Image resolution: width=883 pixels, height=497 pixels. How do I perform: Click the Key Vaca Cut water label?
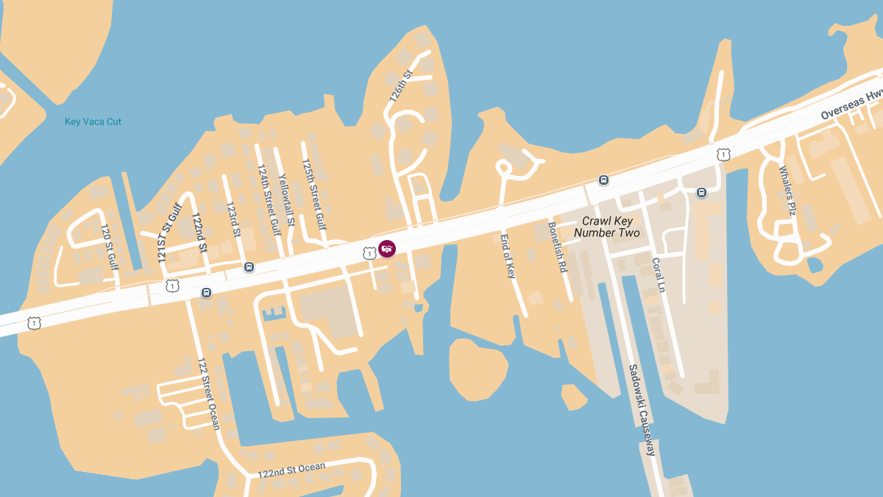coord(93,121)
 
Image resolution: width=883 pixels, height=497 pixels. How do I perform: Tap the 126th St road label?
coord(401,86)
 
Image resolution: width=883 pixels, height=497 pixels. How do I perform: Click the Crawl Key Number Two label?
coord(607,227)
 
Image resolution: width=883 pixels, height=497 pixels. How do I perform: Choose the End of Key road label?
coord(508,255)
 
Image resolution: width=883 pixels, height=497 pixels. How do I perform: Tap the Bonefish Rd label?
coord(557,247)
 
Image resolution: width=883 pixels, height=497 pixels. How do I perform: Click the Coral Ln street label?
coord(659,275)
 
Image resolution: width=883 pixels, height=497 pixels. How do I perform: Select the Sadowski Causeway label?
coord(641,409)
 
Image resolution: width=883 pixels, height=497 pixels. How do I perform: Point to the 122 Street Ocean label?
coord(208,393)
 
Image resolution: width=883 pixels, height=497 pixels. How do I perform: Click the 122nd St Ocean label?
coord(291,470)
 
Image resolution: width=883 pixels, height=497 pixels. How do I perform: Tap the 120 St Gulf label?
coord(110,247)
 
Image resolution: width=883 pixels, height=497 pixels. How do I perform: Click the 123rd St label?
coord(233,219)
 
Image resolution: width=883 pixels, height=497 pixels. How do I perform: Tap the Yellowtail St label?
coord(286,200)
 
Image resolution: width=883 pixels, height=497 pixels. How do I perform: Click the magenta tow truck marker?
coord(387,249)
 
